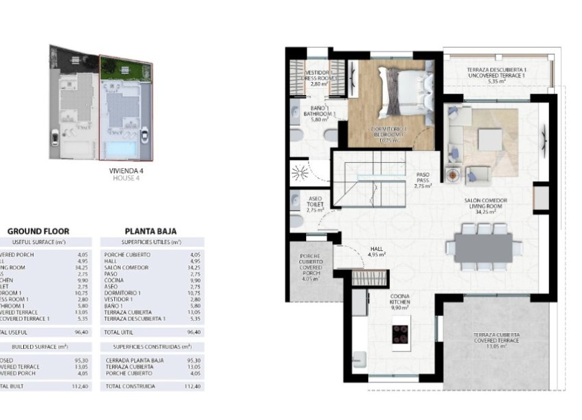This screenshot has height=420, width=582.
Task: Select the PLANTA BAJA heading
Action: coord(152,231)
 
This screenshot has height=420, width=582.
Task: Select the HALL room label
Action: coord(376,251)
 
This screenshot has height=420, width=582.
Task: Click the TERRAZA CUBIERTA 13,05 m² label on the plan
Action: coord(496,340)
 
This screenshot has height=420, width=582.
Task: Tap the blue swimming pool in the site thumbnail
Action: coord(120,148)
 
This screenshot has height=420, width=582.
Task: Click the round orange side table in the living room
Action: coord(452,174)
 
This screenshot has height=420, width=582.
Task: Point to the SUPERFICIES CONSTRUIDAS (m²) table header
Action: coord(152,347)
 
